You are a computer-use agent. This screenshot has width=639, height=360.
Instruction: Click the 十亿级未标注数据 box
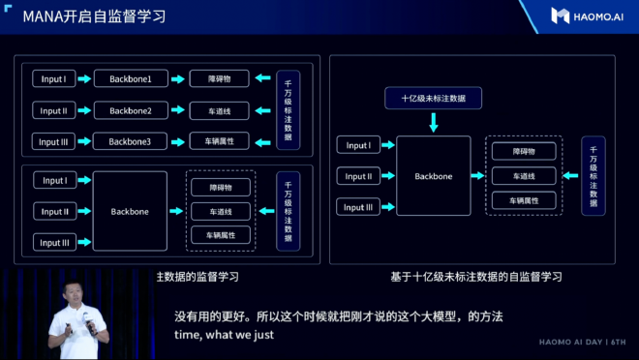tap(433, 99)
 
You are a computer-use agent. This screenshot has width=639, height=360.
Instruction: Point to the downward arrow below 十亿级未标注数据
tap(433, 122)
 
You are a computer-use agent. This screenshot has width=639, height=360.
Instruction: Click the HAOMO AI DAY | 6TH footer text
tap(582, 342)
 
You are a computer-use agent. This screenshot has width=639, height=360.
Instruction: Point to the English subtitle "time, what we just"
tap(224, 335)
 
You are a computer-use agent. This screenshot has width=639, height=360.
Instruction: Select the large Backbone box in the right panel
tap(433, 176)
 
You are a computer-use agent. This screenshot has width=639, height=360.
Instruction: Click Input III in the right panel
tap(358, 206)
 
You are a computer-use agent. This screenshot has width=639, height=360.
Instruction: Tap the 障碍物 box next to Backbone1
tap(219, 78)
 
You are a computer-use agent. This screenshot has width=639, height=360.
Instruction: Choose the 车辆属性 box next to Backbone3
tap(219, 141)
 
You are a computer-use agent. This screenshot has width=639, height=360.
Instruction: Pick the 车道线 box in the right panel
tap(523, 176)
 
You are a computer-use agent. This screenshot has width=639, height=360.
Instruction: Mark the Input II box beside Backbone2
tap(53, 110)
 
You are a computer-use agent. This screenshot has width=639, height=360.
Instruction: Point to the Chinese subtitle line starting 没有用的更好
tap(338, 316)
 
